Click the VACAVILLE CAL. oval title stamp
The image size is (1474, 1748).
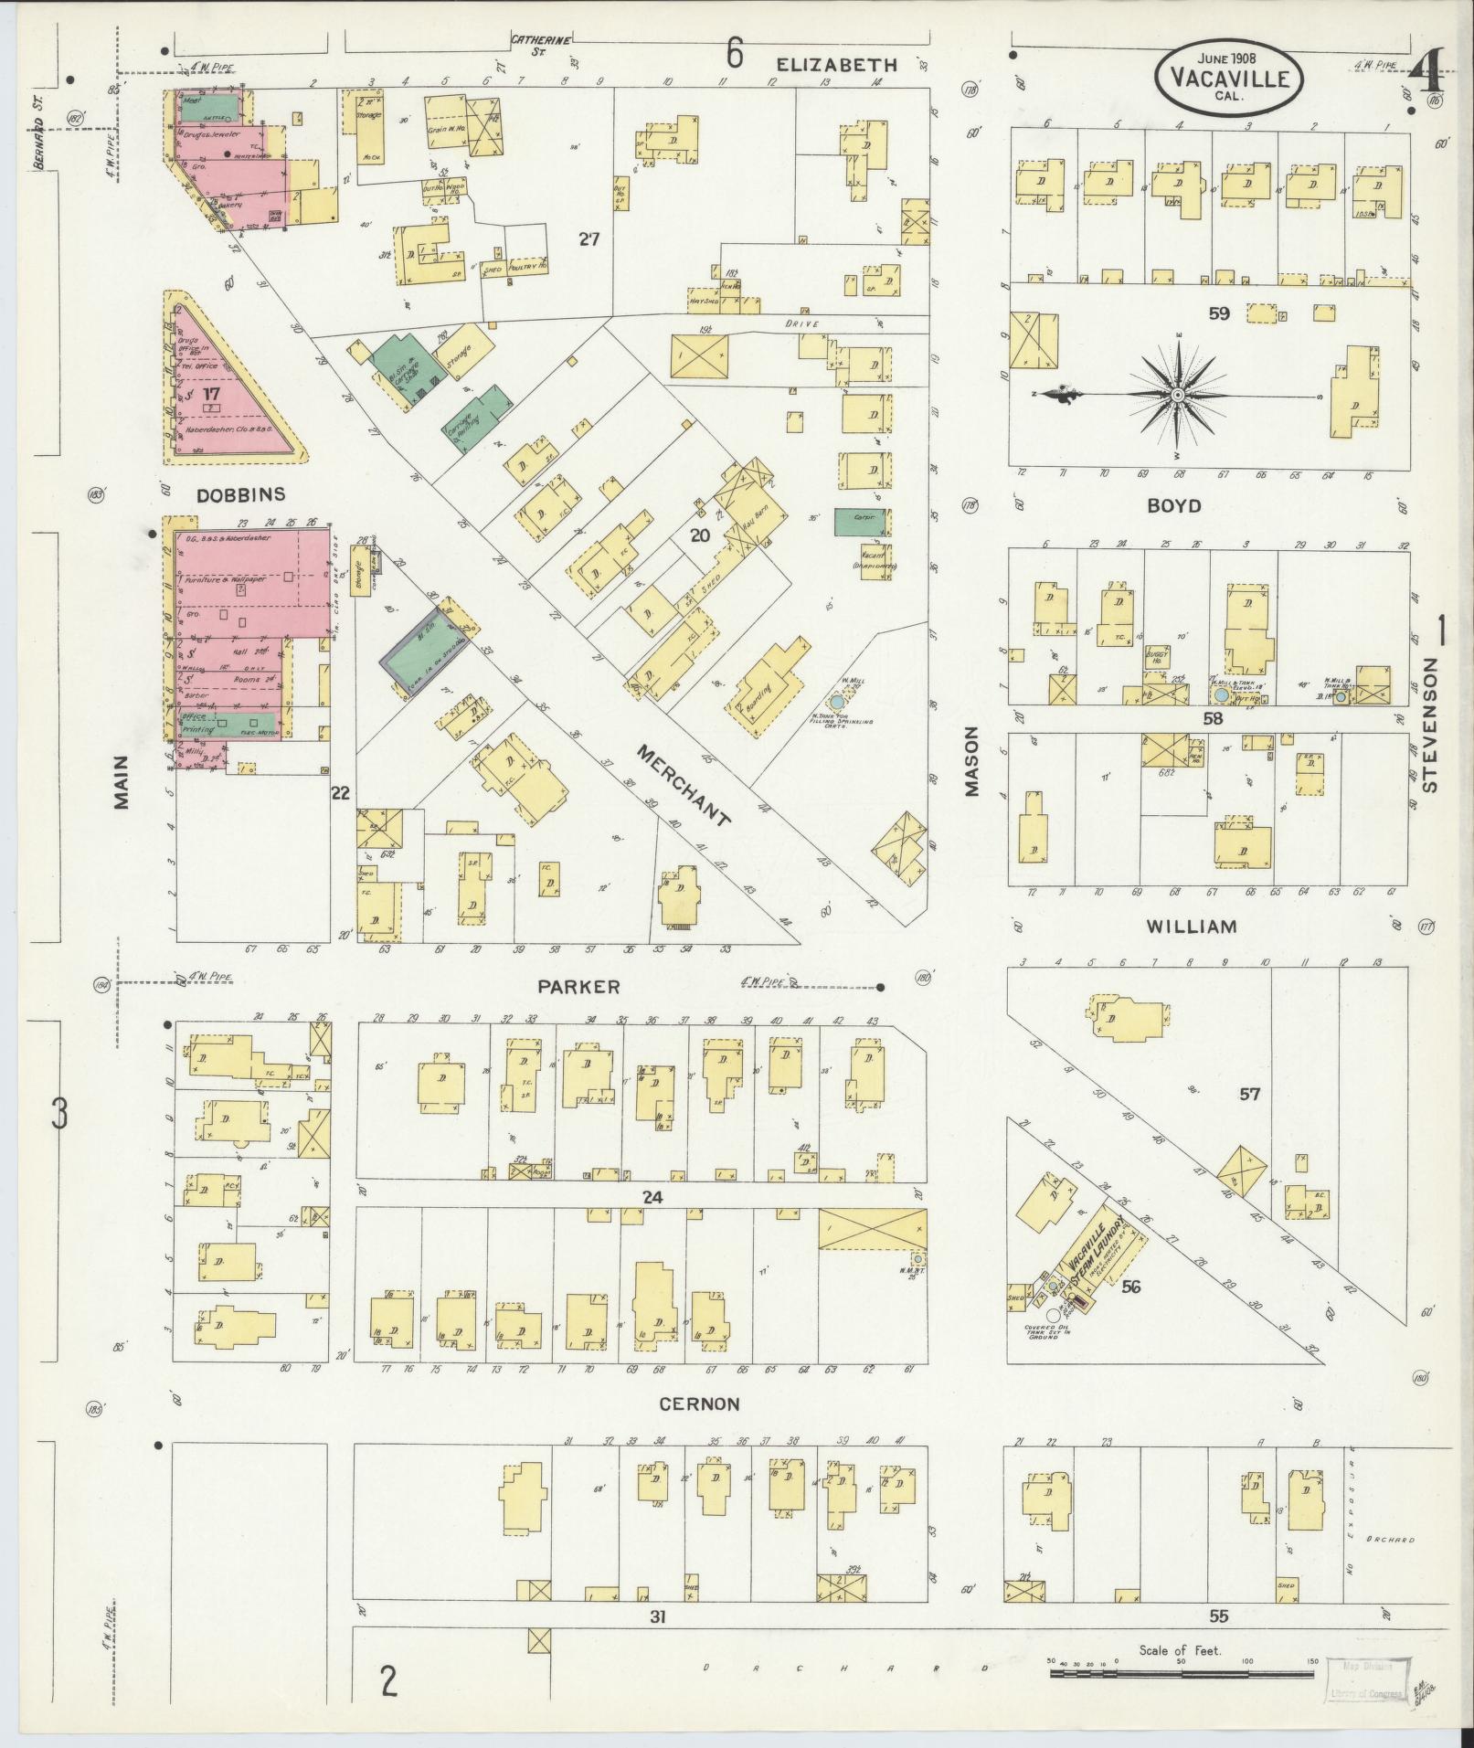tap(1228, 78)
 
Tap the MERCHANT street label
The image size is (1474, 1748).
tap(683, 784)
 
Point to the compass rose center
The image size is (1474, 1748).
tap(1178, 395)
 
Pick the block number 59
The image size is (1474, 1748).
tap(1218, 313)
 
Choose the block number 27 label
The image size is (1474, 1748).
tap(589, 239)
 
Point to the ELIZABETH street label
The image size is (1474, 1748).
tap(838, 64)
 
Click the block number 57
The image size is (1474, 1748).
tap(1249, 1094)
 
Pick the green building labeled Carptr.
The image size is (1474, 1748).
tap(859, 523)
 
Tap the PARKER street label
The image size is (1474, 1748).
tap(578, 987)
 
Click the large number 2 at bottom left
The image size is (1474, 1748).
tap(389, 1681)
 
